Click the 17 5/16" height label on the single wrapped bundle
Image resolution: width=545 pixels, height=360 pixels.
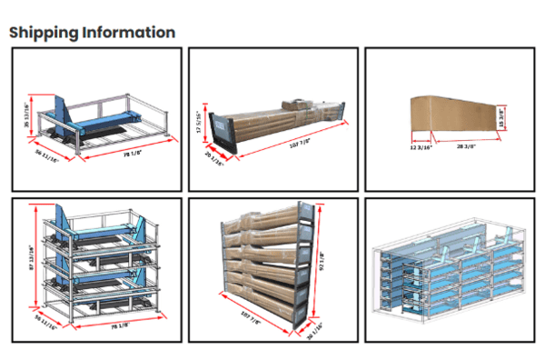click(x=199, y=122)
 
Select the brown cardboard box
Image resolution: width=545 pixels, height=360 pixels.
click(x=452, y=116)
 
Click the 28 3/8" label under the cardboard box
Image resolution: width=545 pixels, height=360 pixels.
click(x=466, y=144)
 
